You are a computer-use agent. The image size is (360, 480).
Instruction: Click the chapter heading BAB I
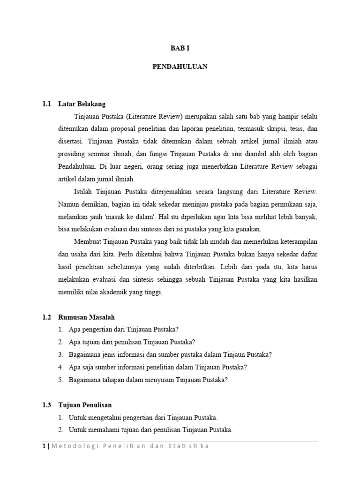(180, 48)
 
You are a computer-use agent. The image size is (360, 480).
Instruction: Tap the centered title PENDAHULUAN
(180, 67)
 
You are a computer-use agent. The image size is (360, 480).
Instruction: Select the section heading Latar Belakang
(82, 104)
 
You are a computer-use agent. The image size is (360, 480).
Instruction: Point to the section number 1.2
(46, 317)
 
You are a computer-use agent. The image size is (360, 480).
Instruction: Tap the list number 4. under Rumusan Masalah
(61, 367)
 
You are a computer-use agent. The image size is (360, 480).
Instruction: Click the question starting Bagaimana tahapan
(148, 380)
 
